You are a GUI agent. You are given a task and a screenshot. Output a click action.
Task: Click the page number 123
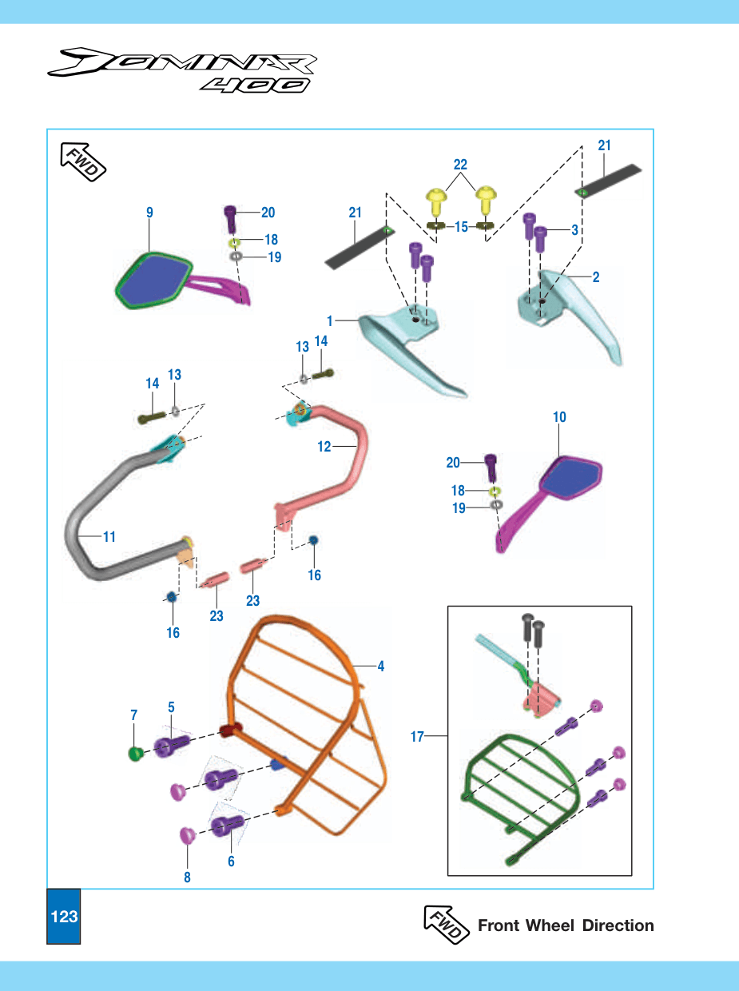click(x=64, y=917)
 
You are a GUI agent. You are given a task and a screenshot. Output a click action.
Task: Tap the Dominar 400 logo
click(x=182, y=70)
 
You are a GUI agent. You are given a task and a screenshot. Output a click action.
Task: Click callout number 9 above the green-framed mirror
click(x=149, y=213)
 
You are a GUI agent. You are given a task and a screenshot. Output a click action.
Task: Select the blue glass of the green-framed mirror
click(x=156, y=279)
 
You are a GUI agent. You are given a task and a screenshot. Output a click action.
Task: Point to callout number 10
click(x=559, y=417)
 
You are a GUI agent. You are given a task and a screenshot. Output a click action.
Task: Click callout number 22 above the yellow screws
click(x=460, y=165)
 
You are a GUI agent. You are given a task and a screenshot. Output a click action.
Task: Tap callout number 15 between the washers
click(x=461, y=227)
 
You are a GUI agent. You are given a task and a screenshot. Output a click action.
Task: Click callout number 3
click(x=574, y=230)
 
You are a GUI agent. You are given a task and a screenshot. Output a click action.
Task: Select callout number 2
click(x=596, y=277)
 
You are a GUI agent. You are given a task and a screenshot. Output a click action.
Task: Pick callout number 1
click(x=330, y=321)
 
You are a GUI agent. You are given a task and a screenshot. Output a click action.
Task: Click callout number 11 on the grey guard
click(x=109, y=537)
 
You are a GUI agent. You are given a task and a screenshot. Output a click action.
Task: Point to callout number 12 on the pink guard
click(x=324, y=447)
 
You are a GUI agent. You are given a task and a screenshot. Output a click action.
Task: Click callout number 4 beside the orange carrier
click(x=381, y=667)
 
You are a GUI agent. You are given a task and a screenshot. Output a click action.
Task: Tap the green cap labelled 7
click(x=135, y=754)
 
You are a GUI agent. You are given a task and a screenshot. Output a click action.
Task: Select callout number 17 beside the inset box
click(x=417, y=737)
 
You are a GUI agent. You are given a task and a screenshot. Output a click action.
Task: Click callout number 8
click(x=187, y=878)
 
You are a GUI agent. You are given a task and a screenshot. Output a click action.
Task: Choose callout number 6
click(x=231, y=862)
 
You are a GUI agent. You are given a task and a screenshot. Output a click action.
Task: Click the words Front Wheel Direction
click(x=566, y=925)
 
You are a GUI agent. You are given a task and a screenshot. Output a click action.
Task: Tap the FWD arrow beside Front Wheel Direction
click(x=446, y=924)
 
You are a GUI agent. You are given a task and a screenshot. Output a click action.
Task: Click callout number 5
click(x=171, y=707)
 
